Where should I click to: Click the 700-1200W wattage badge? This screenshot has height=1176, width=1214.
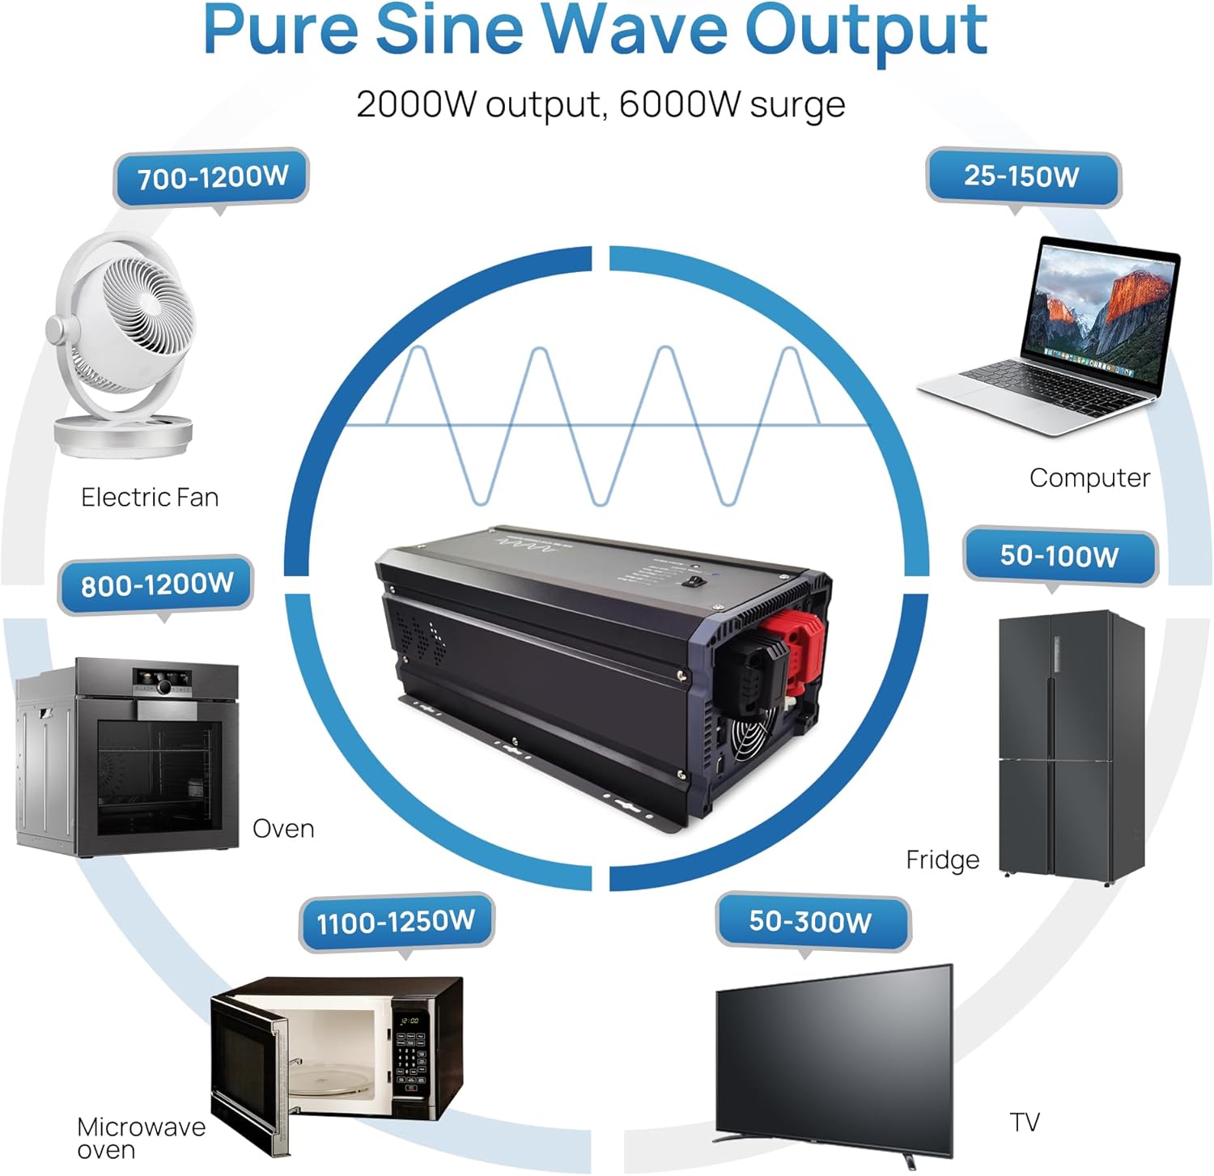tap(211, 177)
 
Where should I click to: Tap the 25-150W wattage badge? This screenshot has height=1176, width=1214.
tap(1022, 176)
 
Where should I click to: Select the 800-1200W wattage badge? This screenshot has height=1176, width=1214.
tap(156, 584)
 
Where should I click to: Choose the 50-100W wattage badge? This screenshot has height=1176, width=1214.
tap(1059, 555)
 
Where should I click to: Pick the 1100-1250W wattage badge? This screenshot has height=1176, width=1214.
tap(396, 921)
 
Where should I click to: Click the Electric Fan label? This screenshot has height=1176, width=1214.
tap(150, 497)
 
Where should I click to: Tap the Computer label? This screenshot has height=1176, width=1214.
tap(1089, 478)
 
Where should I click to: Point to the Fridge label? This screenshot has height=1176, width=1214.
tap(942, 860)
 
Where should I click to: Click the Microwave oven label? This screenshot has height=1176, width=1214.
tap(140, 1137)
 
